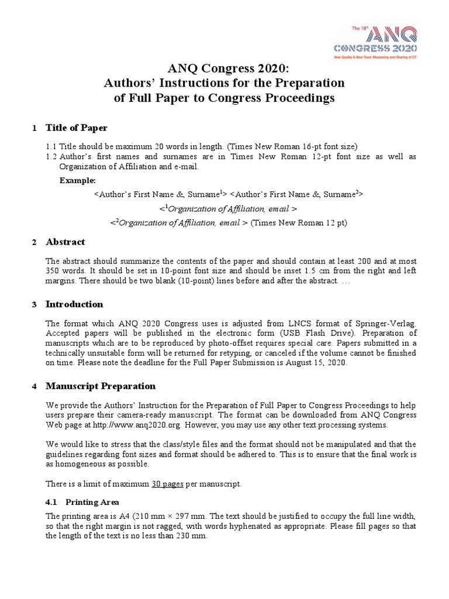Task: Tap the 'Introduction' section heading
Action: tap(74, 304)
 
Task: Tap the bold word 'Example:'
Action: tap(77, 181)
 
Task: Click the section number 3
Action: tap(34, 305)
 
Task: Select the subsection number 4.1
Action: tap(51, 502)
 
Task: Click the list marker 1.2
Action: tap(51, 157)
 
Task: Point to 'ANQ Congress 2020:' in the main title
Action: tap(224, 67)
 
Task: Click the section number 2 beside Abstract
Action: tap(34, 242)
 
